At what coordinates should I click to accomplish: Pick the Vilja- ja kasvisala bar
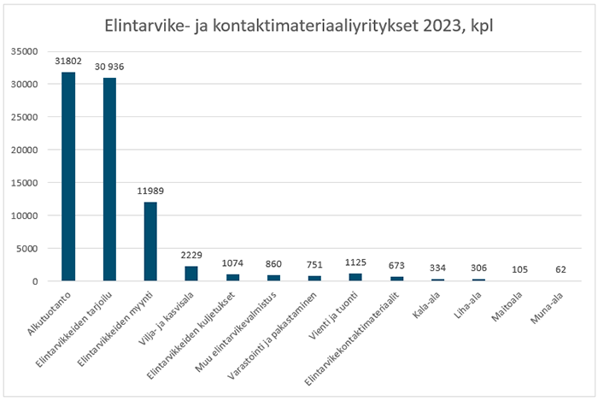(x=191, y=274)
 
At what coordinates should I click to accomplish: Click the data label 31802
(x=68, y=62)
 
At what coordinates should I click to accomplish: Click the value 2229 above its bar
(x=191, y=256)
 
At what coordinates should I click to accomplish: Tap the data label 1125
(x=355, y=263)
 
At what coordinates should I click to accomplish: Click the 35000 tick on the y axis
(x=27, y=51)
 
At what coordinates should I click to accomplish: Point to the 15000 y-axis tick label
(x=27, y=183)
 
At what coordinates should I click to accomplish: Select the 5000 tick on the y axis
(x=30, y=249)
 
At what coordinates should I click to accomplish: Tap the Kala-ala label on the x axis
(x=427, y=301)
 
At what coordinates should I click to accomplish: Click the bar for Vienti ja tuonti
(x=355, y=277)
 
